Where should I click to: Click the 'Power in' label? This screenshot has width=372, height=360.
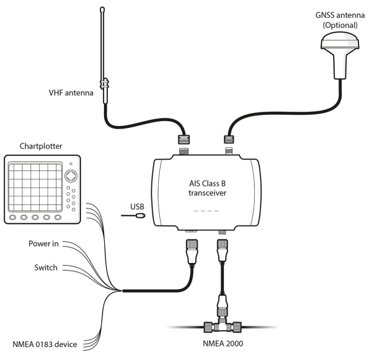click(x=43, y=244)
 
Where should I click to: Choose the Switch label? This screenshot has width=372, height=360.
click(x=45, y=268)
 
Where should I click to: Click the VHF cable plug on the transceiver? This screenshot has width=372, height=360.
click(x=184, y=140)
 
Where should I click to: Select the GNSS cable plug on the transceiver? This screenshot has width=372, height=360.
click(x=229, y=140)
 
